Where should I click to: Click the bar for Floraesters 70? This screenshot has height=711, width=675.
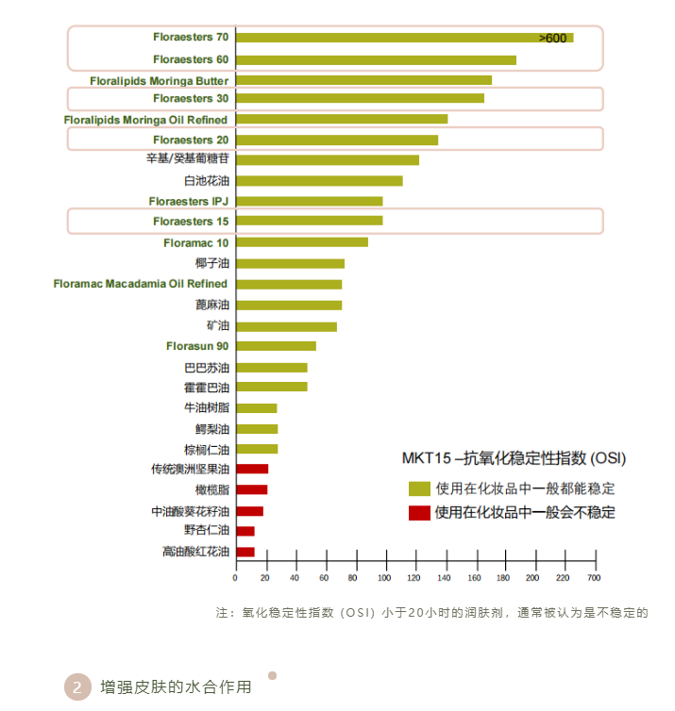tap(404, 38)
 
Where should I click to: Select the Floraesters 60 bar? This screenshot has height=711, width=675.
tap(376, 60)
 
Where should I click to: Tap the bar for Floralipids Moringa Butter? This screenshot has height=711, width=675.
tap(363, 80)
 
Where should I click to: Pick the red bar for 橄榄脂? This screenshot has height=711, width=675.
tap(251, 489)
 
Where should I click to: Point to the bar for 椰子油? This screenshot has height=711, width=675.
tap(290, 264)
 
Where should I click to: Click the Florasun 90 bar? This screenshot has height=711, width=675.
tap(276, 346)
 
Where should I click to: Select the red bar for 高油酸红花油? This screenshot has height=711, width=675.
tap(245, 552)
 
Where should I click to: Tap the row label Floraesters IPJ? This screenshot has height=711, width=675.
tap(189, 201)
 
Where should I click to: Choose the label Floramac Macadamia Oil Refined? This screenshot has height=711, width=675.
tap(140, 284)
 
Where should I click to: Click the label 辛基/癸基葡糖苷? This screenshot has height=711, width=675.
tap(187, 159)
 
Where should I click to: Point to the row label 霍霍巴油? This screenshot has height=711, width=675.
tap(206, 388)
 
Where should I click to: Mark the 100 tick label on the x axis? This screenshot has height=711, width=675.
tap(384, 576)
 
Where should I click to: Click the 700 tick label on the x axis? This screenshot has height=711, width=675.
tap(593, 576)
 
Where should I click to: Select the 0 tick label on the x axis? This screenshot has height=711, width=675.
tap(236, 576)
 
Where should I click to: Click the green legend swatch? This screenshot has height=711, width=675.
tap(419, 488)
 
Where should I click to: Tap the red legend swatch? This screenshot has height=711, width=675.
tap(419, 513)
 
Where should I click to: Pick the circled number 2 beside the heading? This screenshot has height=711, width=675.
tap(77, 686)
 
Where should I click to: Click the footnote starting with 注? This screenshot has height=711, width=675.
tap(431, 613)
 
